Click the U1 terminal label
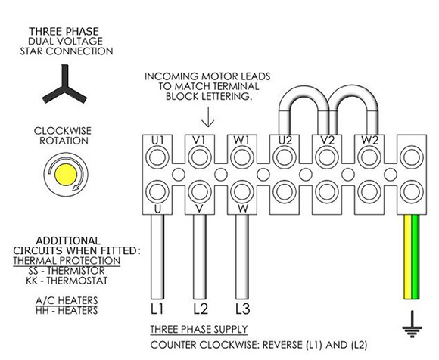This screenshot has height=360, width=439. [157, 141]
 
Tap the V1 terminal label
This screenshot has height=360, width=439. [200, 141]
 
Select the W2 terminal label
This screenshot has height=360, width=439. [369, 141]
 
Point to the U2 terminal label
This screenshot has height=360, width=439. [285, 141]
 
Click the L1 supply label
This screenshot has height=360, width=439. [157, 309]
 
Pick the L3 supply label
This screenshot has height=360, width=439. [242, 309]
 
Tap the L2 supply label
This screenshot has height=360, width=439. [201, 309]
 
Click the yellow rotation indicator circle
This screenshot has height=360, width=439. [66, 175]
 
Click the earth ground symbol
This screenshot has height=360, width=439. [412, 324]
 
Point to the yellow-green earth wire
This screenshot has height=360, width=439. [411, 257]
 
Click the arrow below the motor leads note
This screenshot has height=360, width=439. [207, 117]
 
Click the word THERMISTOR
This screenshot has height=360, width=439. [76, 271]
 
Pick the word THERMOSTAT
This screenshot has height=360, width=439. [76, 281]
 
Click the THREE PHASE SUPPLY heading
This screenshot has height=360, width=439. [199, 329]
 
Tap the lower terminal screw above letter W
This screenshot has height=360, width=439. [242, 192]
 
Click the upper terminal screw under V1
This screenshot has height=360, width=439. [200, 157]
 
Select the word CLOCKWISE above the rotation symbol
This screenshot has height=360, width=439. [63, 131]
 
